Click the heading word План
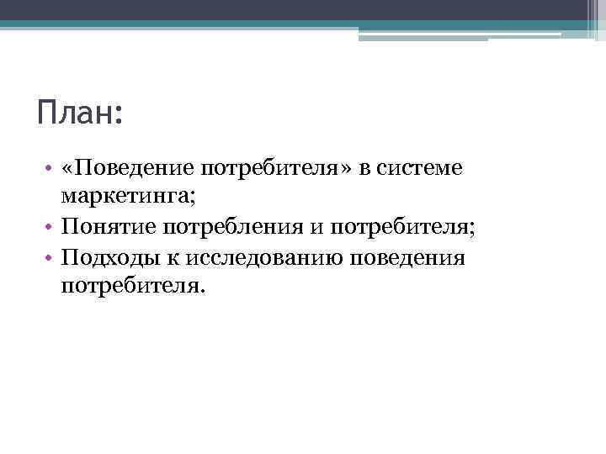73,112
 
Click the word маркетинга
124,198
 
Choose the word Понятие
108,228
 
